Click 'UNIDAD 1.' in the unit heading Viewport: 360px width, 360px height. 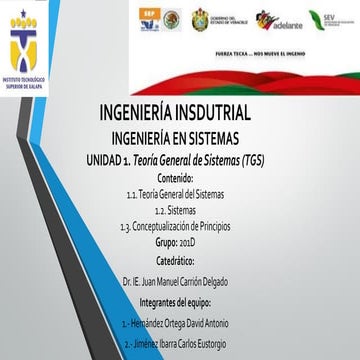tap(109, 158)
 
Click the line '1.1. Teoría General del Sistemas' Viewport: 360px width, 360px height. tap(178, 188)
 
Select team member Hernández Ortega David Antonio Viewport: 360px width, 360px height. tap(180, 296)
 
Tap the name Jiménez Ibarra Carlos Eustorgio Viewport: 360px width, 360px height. tap(180, 314)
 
